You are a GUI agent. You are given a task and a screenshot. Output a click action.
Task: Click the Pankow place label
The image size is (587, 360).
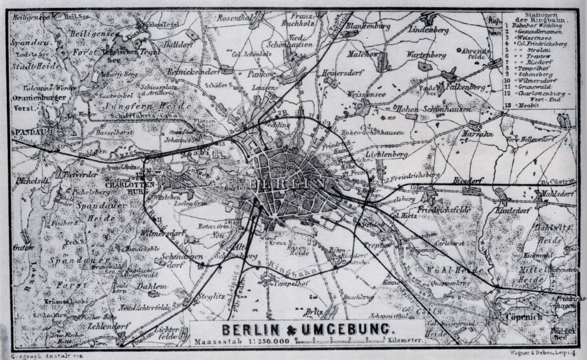[260, 73]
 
